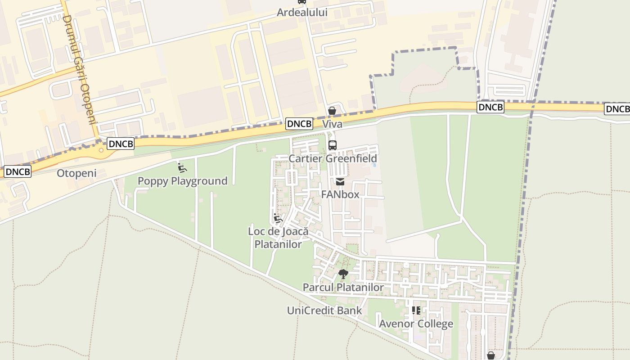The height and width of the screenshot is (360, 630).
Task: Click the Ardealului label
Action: [302, 13]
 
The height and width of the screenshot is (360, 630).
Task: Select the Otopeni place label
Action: [76, 173]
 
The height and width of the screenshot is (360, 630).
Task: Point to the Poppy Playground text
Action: [182, 181]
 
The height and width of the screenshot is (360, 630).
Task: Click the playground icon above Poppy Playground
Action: [182, 168]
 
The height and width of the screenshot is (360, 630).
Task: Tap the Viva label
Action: [332, 124]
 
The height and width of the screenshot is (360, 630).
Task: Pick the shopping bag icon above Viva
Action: [332, 111]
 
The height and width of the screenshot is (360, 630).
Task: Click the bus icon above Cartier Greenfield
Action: [333, 145]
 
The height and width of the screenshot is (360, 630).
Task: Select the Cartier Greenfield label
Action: [333, 158]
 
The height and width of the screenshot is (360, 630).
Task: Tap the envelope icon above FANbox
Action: [340, 181]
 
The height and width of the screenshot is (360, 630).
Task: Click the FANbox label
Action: [340, 194]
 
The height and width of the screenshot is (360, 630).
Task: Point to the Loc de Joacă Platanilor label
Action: [278, 237]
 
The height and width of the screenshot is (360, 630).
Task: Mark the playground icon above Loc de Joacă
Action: [278, 219]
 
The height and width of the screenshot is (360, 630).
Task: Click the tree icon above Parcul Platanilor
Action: [343, 274]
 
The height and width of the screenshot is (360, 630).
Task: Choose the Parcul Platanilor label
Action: [343, 287]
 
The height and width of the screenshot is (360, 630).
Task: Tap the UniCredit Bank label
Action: [324, 310]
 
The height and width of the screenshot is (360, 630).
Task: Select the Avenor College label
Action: [416, 324]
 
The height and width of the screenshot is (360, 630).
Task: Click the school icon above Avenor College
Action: [416, 310]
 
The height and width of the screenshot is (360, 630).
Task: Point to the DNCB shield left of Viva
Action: [299, 124]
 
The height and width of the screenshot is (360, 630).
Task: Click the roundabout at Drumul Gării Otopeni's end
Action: [101, 150]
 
